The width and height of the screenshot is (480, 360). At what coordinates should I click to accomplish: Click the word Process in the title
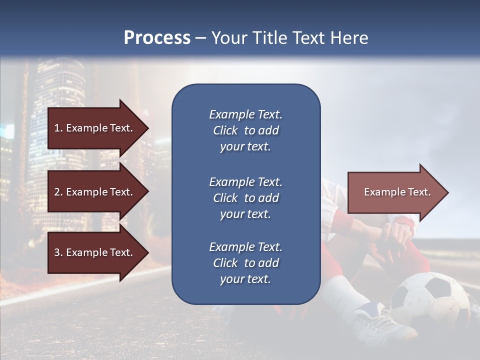[157, 38]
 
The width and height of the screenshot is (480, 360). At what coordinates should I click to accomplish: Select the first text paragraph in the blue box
[245, 130]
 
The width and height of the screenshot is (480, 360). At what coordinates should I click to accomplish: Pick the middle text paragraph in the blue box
[245, 198]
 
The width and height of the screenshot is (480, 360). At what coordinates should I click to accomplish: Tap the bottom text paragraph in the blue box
[245, 263]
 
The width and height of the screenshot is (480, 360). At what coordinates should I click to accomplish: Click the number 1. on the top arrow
[58, 128]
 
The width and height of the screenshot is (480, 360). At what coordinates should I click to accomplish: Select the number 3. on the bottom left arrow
[58, 252]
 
